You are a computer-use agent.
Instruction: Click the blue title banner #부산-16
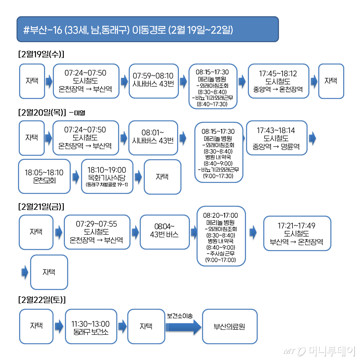click(x=147, y=29)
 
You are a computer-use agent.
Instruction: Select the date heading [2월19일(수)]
click(x=41, y=55)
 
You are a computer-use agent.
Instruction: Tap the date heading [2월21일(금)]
click(x=41, y=206)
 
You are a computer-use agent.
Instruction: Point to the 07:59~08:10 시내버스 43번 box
click(x=154, y=81)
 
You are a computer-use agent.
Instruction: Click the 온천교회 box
click(x=44, y=176)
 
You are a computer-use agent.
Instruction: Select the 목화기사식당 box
click(x=107, y=176)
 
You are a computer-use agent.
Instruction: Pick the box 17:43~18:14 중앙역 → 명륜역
click(x=276, y=138)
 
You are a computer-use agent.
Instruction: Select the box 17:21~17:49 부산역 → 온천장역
click(x=297, y=234)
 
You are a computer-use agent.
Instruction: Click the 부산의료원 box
click(x=229, y=326)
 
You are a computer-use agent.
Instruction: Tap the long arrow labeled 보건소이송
click(x=184, y=326)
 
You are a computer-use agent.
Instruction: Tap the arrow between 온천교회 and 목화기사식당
click(x=76, y=177)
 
